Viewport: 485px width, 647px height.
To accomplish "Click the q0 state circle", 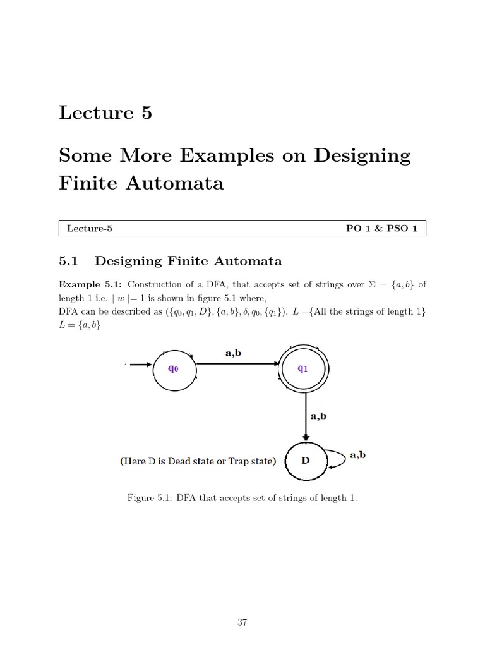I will tap(173, 369).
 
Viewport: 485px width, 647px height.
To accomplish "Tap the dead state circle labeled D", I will tap(306, 461).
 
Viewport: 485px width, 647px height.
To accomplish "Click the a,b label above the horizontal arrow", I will tap(233, 353).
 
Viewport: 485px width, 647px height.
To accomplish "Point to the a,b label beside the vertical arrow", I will tap(317, 416).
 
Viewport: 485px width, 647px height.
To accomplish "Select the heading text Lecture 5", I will tap(105, 113).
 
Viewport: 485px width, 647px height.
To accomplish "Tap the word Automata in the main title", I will tap(184, 183).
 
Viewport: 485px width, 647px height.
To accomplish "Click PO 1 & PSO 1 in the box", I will tap(381, 229).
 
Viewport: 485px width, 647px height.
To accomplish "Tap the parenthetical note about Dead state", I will tap(198, 461).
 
